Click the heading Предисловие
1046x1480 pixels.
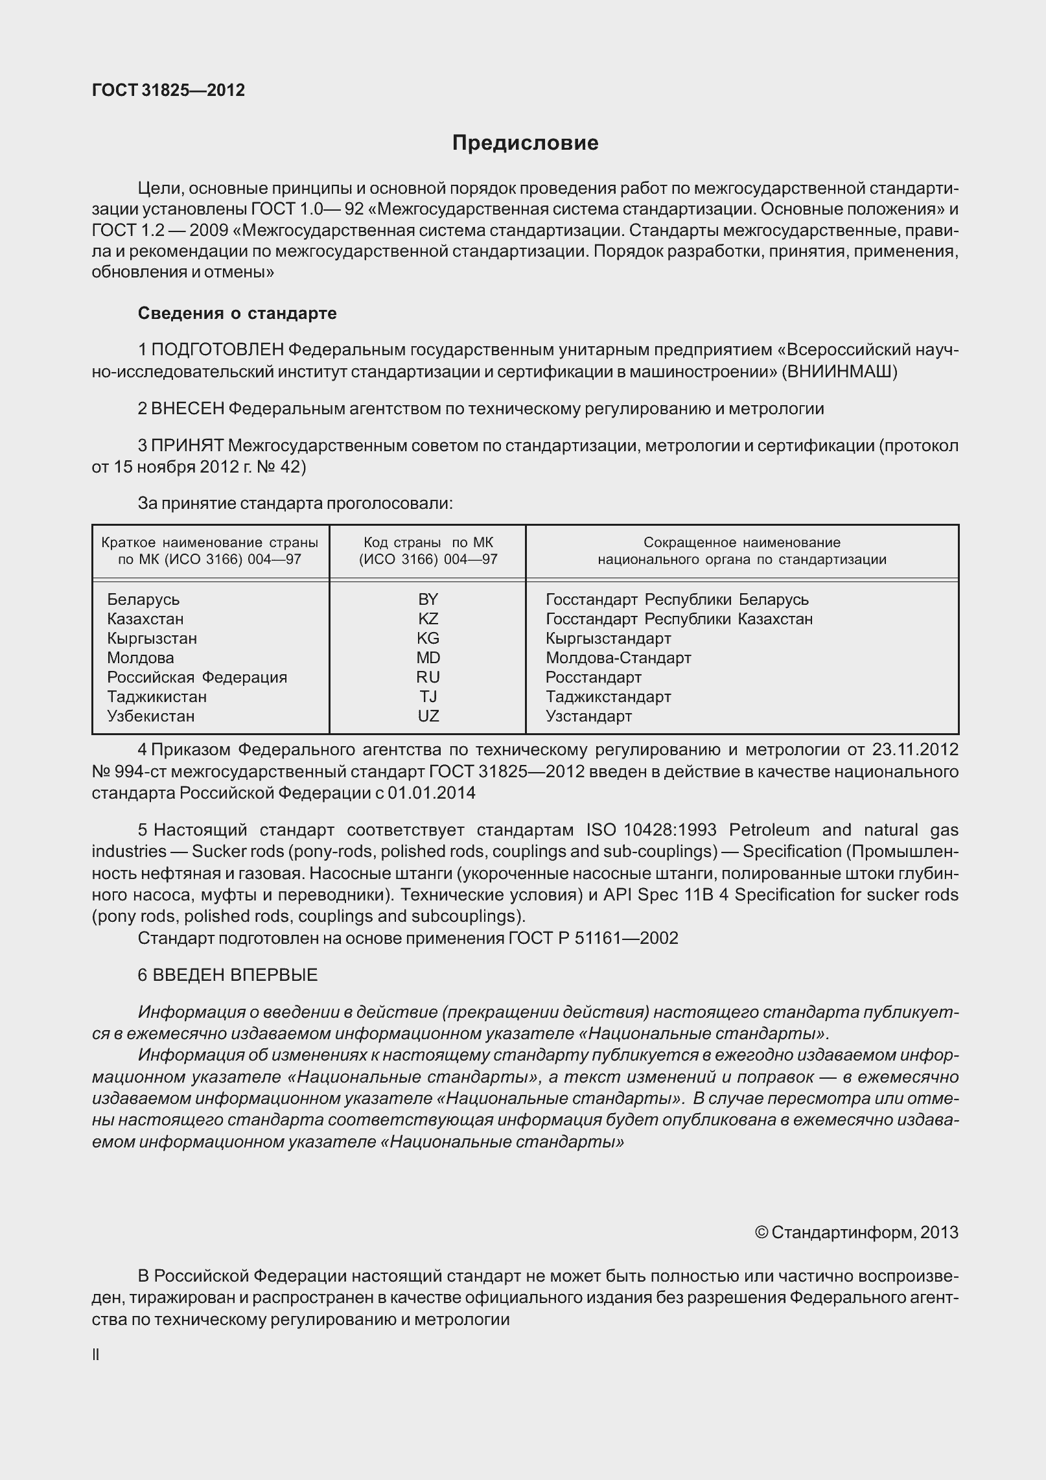[525, 143]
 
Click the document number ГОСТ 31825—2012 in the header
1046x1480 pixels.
[169, 90]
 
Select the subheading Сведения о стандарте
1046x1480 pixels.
[237, 314]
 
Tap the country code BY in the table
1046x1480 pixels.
[428, 599]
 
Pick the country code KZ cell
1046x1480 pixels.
[428, 618]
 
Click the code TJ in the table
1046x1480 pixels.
[428, 696]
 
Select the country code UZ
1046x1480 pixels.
[428, 716]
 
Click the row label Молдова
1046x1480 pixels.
[141, 657]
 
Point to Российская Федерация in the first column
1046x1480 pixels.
[197, 677]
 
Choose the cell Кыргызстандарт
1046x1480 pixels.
[608, 638]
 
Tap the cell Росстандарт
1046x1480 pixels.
[593, 677]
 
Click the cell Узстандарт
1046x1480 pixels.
[588, 716]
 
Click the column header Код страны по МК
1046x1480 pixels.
[428, 550]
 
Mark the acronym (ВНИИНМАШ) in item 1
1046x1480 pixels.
[839, 372]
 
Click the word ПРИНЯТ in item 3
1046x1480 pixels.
[187, 445]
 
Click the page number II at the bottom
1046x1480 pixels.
[96, 1354]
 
